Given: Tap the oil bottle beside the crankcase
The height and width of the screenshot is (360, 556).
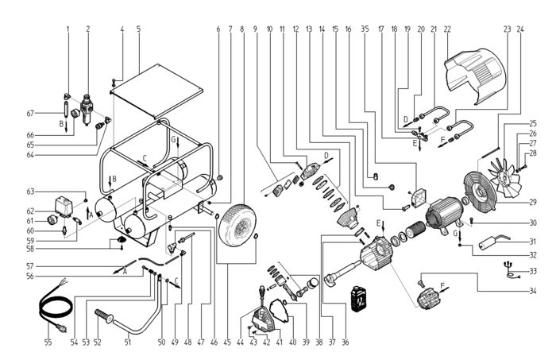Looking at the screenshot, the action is point(358,298).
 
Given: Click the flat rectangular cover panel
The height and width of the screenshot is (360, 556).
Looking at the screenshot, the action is point(156,91).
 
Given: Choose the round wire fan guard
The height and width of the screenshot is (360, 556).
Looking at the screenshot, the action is point(479,192).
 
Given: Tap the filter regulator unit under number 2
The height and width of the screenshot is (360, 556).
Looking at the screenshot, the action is point(87,109).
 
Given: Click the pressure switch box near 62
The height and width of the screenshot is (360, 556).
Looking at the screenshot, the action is point(64,207).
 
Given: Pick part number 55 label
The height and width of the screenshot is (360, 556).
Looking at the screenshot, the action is point(48,343).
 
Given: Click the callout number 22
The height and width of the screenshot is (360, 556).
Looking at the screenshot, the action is point(446,29).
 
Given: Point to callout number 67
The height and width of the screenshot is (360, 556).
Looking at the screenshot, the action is point(30,114).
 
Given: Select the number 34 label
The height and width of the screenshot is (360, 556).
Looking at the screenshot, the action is point(533,291).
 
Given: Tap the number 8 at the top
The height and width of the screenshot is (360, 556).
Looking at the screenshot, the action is point(242,29).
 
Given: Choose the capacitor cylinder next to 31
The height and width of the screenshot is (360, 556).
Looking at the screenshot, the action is point(489,244).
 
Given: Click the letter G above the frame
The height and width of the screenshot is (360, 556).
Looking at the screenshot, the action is point(173,140).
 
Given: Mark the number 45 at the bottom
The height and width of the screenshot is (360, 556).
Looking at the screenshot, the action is point(227,343).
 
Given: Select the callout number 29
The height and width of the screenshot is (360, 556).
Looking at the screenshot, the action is point(533,203).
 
